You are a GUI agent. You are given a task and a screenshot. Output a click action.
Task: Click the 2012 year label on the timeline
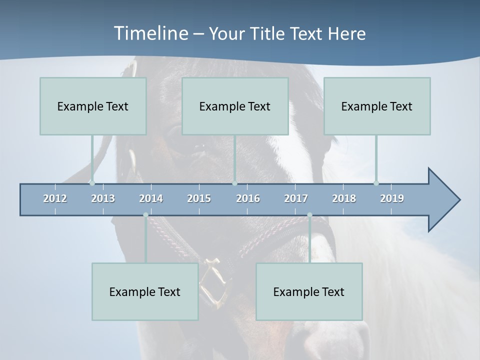[55, 198]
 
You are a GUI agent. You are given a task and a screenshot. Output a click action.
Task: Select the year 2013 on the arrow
[103, 198]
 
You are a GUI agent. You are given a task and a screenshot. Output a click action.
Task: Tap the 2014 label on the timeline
[151, 198]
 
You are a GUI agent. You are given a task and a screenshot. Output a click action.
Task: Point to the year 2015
[199, 198]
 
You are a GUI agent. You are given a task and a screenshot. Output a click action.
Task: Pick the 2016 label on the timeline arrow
[248, 198]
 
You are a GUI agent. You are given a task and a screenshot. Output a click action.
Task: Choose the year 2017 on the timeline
[296, 198]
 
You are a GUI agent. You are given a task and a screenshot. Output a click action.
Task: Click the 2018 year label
[344, 198]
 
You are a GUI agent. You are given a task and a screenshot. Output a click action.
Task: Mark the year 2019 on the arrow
[392, 198]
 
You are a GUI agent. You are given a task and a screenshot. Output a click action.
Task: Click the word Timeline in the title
[150, 33]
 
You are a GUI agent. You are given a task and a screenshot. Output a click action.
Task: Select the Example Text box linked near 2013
[93, 106]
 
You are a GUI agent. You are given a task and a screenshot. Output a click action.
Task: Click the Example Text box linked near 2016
[235, 106]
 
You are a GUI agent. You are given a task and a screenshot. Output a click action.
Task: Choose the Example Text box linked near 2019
[377, 106]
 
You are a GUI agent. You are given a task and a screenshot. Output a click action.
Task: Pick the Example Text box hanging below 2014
[145, 291]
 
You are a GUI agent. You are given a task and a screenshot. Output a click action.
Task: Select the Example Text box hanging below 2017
[309, 291]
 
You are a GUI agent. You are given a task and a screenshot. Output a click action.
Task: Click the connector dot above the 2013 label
[92, 183]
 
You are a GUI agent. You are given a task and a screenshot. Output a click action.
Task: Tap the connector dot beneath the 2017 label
[309, 215]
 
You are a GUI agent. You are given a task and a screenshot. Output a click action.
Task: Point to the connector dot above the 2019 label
[376, 183]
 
